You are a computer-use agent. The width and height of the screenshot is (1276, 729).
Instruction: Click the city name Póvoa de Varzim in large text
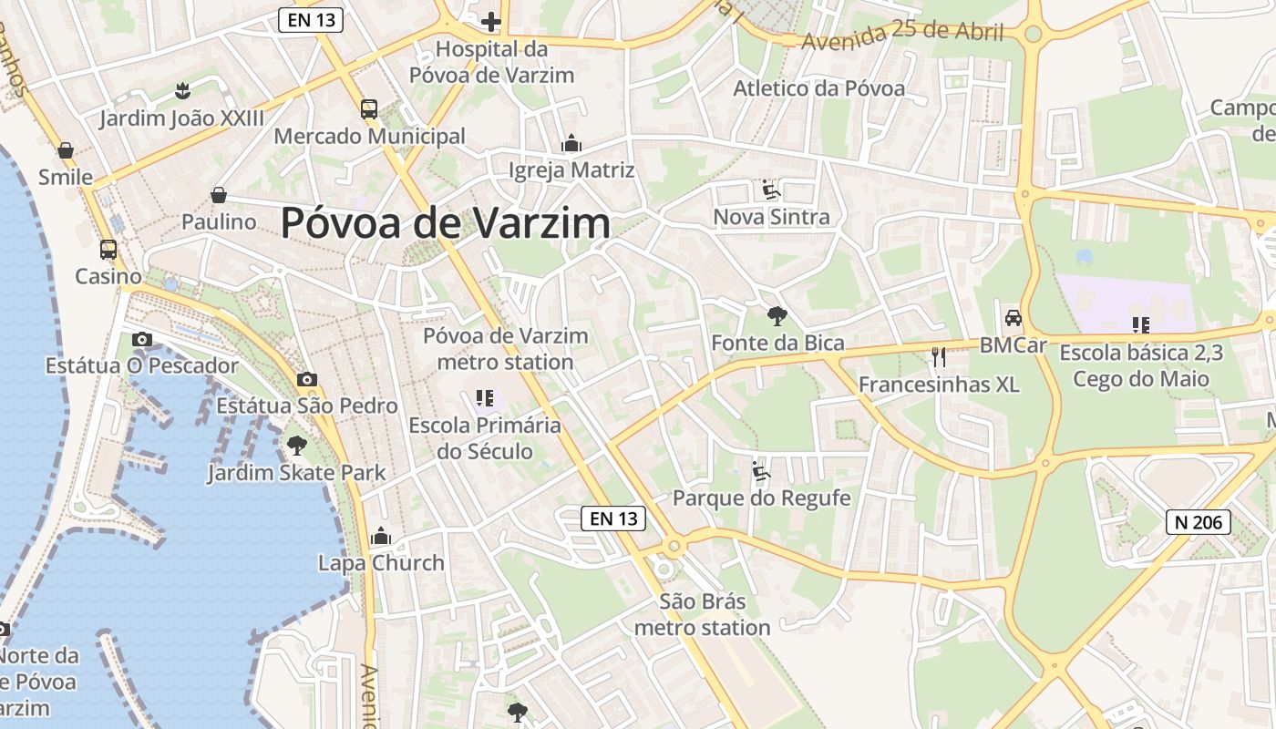pos(445,223)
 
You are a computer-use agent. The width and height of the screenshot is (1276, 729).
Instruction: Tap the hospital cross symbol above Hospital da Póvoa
pos(491,21)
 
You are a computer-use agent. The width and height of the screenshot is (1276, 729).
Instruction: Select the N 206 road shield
pos(1199,522)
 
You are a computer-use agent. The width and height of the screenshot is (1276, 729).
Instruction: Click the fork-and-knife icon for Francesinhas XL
pos(939,356)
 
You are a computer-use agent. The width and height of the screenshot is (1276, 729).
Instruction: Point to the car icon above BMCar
pos(1013,318)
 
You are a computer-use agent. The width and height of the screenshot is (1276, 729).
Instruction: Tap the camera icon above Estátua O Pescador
pos(141,339)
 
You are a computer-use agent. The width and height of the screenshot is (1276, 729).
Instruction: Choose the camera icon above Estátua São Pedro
pos(307,379)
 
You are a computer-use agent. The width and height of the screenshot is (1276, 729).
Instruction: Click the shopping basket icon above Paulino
pos(219,194)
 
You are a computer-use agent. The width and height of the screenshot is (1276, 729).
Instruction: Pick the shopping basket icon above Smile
pos(66,149)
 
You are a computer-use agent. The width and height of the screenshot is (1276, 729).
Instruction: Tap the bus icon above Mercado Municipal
pos(369,109)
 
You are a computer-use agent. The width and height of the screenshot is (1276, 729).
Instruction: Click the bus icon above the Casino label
pos(108,249)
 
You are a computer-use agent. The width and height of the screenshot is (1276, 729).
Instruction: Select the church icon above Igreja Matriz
pos(571,143)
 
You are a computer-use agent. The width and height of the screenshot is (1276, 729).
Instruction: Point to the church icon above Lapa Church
pos(381,536)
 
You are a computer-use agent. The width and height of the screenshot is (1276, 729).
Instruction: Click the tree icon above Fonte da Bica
pos(777,316)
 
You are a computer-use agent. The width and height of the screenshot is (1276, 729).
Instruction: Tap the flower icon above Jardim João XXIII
pos(182,90)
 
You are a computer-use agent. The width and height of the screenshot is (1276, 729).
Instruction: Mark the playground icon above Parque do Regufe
pos(761,471)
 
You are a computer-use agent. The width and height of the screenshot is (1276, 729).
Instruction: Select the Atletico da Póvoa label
pos(818,88)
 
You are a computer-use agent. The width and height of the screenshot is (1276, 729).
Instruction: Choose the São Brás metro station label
pos(702,615)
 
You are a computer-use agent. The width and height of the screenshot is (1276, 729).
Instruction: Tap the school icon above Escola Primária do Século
pos(484,398)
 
